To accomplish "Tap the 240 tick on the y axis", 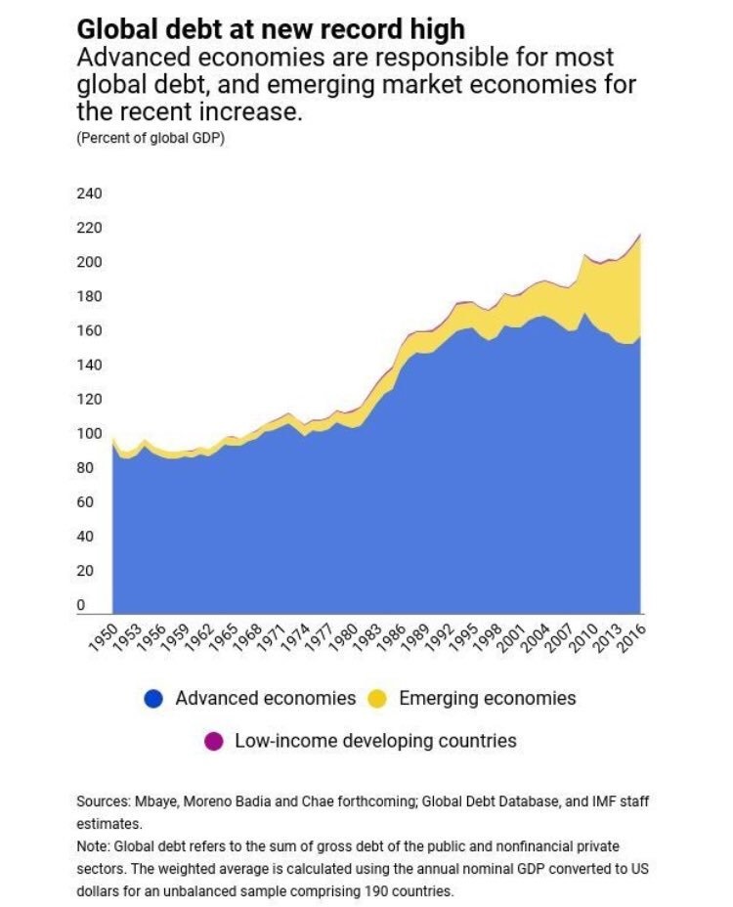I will coord(89,194).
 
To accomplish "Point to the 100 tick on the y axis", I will coord(89,434).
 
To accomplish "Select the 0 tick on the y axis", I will coord(81,605).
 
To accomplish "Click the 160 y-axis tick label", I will coord(89,331).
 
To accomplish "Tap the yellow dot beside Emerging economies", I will coord(376,699).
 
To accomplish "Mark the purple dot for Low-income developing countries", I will coord(212,741).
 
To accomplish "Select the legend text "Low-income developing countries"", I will coord(375,740).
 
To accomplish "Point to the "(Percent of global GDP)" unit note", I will coord(150,138).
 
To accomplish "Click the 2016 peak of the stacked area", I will coord(640,235).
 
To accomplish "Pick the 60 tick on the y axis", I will coord(85,502).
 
